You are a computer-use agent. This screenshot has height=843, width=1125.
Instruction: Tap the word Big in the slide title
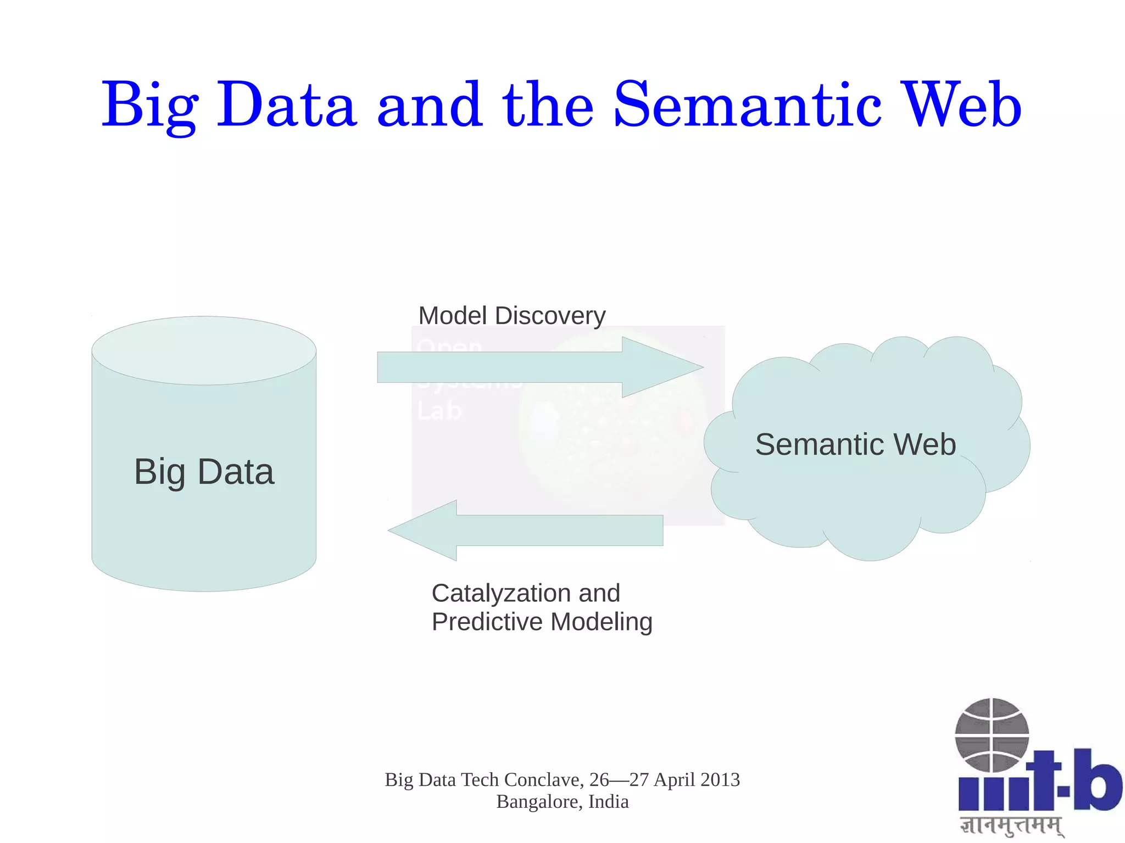point(149,105)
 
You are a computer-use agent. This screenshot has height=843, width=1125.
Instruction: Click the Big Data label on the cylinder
point(204,472)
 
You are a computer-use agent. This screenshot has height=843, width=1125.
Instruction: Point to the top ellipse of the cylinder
point(204,350)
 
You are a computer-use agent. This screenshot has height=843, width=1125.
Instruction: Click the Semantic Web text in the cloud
point(855,444)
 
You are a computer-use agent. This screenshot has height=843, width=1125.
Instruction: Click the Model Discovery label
point(511,316)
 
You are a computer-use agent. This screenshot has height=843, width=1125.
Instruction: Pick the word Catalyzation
point(500,593)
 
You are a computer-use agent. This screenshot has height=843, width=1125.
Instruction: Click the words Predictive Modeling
point(542,622)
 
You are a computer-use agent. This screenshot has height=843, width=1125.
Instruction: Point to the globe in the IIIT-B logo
point(992,735)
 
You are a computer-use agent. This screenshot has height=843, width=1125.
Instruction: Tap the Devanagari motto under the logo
point(1011,825)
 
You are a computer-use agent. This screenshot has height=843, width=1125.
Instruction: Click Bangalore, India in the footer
point(562,802)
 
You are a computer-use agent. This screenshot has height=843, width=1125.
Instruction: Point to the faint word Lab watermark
point(439,411)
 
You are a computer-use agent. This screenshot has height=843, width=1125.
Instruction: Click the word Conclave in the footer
point(543,780)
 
